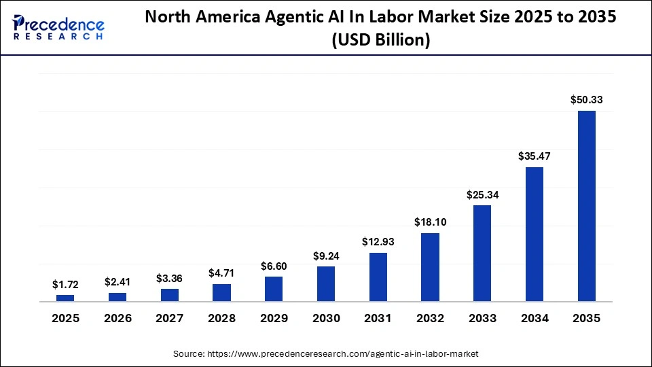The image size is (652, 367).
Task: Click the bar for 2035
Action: coord(586,206)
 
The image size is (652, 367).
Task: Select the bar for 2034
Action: coord(535,234)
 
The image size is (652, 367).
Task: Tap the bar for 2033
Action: coord(482,253)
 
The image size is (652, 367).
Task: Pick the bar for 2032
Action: coord(430,267)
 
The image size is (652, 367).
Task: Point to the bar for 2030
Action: coord(326,283)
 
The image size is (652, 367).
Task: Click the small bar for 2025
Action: coord(65,298)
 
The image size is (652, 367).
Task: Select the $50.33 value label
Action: coord(586,100)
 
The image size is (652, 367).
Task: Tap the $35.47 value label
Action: coord(535,156)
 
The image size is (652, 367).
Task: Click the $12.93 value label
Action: coord(378,242)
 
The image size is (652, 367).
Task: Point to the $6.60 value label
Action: coord(274,266)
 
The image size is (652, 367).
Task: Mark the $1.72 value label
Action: coord(65,284)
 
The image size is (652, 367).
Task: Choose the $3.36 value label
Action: coord(170,278)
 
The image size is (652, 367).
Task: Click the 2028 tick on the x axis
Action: coord(221,319)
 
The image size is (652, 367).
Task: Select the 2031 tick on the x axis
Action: coord(378,319)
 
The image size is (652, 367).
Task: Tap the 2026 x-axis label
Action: coord(117,319)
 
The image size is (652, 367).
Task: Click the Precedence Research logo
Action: coord(58,27)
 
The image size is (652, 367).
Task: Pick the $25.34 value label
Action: coord(482,194)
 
